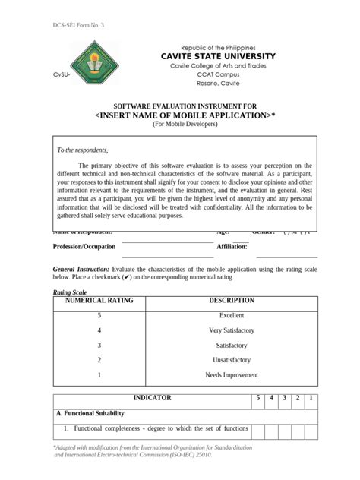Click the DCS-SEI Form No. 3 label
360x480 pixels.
click(x=78, y=26)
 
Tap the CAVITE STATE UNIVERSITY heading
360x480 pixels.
click(x=212, y=57)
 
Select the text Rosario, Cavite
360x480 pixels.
click(x=212, y=87)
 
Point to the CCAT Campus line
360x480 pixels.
click(x=212, y=77)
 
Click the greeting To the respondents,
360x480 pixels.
click(x=83, y=150)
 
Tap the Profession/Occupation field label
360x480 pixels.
click(x=84, y=246)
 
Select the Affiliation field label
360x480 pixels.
click(x=232, y=246)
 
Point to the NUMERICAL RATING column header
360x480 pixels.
click(x=99, y=301)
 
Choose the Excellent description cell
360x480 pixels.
click(x=231, y=315)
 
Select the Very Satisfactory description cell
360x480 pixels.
click(x=231, y=330)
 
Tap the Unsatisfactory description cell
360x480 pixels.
click(x=231, y=360)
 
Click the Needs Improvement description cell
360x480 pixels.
click(x=231, y=375)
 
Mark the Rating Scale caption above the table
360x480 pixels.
click(x=69, y=292)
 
